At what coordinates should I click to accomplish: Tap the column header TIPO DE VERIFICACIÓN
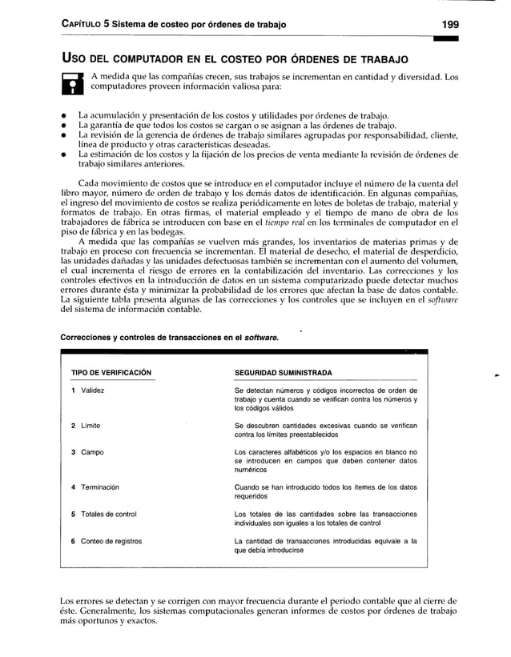(111, 373)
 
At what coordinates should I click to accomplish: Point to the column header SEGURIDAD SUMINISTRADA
(284, 373)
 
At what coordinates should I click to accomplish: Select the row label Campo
(92, 453)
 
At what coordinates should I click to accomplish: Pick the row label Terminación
(100, 487)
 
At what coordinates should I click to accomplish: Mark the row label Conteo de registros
(111, 542)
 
